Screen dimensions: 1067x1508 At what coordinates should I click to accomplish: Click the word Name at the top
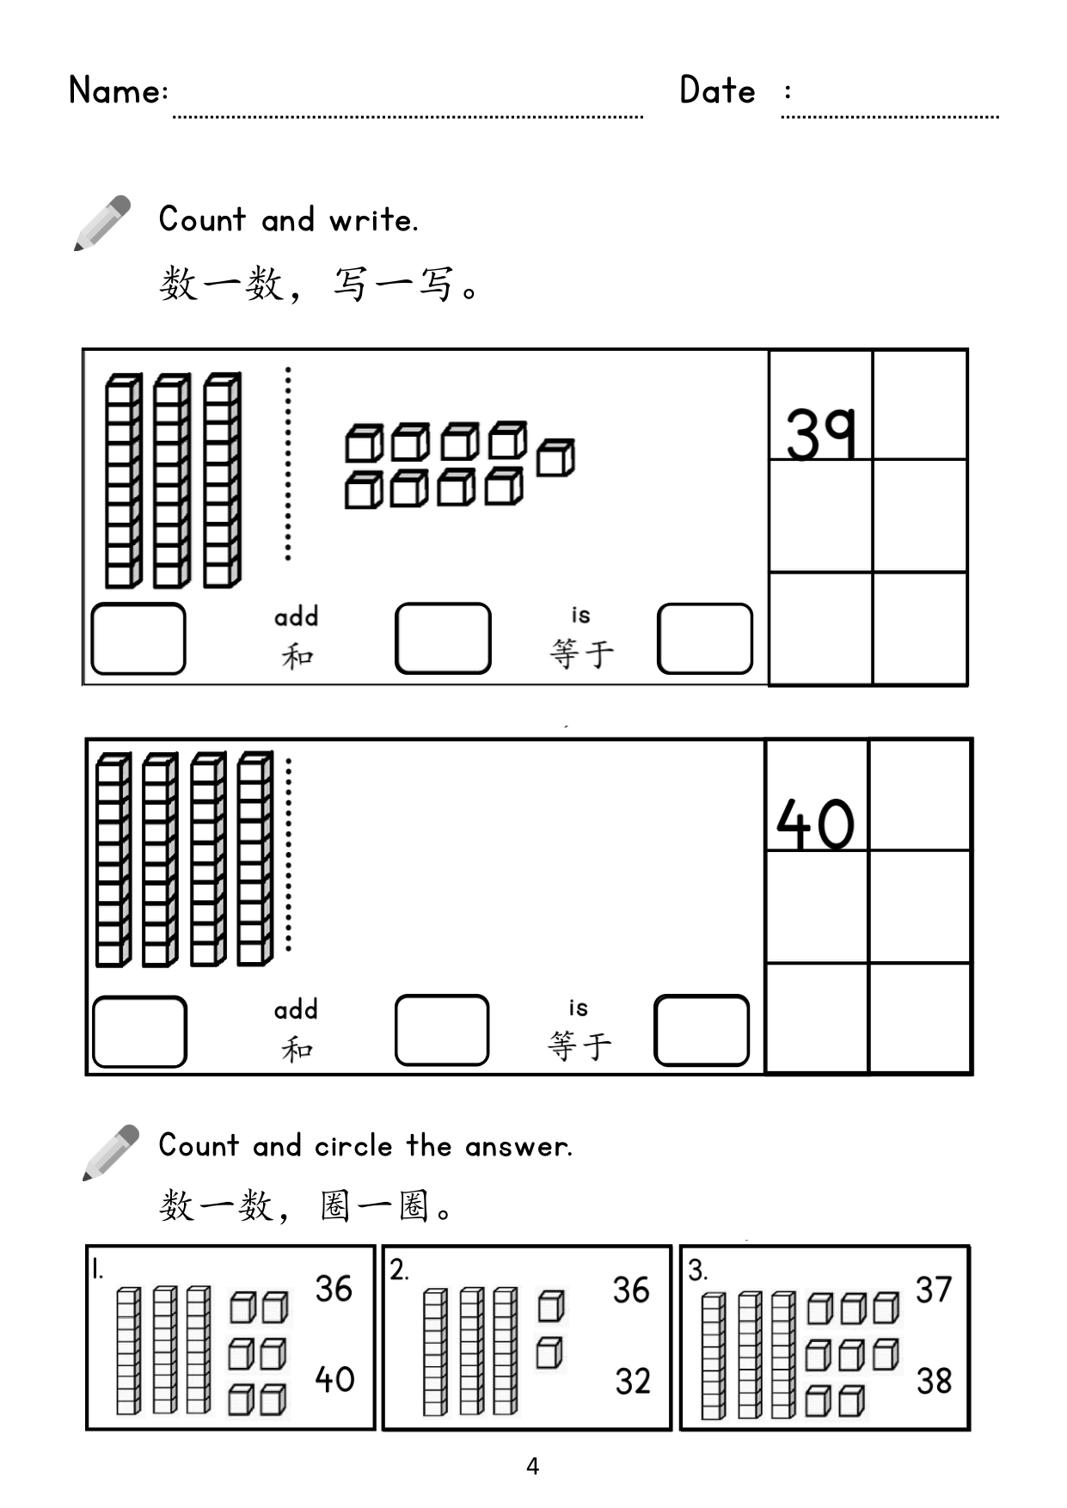[x=115, y=89]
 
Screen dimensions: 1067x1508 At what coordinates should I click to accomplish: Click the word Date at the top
[x=718, y=89]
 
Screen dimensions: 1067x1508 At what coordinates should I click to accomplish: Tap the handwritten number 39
[x=821, y=433]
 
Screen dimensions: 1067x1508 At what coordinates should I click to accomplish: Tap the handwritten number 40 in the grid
[x=815, y=824]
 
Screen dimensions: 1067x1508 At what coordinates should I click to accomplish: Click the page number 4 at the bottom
[x=533, y=1466]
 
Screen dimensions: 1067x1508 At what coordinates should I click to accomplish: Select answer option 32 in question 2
[x=633, y=1381]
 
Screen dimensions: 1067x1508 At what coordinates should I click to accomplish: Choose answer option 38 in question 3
[x=934, y=1381]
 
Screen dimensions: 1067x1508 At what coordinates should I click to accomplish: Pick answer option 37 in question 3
[x=934, y=1290]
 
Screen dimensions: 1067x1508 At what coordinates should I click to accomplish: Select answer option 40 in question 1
[x=334, y=1379]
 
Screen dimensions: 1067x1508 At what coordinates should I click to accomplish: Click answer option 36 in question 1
[x=334, y=1289]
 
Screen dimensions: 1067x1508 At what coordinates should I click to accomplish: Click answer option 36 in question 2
[x=631, y=1290]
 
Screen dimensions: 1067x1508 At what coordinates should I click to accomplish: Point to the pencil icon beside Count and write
[x=102, y=223]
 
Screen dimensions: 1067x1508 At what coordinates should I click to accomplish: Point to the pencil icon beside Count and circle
[x=111, y=1152]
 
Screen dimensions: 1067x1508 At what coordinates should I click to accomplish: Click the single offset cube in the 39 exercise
[x=555, y=457]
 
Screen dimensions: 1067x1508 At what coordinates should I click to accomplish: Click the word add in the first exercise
[x=296, y=616]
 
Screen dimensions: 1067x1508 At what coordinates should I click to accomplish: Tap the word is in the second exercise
[x=579, y=1007]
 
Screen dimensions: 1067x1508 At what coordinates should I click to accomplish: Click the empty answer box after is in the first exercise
[x=705, y=639]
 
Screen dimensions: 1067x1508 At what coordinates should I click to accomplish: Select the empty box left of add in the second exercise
[x=139, y=1032]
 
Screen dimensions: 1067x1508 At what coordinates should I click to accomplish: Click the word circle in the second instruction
[x=353, y=1146]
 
